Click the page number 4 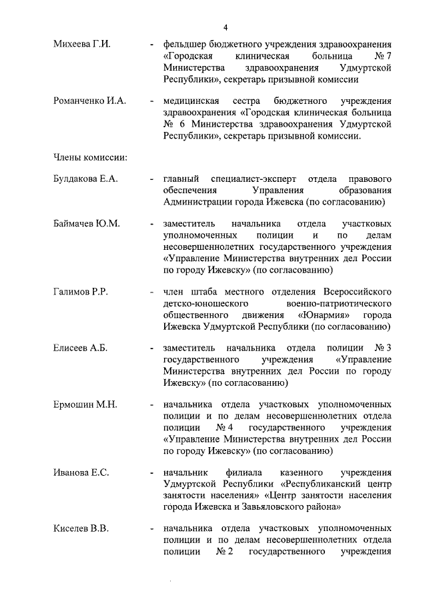(x=226, y=27)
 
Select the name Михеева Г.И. (x=82, y=44)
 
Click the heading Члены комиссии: (x=91, y=158)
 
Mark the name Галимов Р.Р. (x=81, y=292)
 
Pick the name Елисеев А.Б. (x=80, y=348)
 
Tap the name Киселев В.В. (x=81, y=529)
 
